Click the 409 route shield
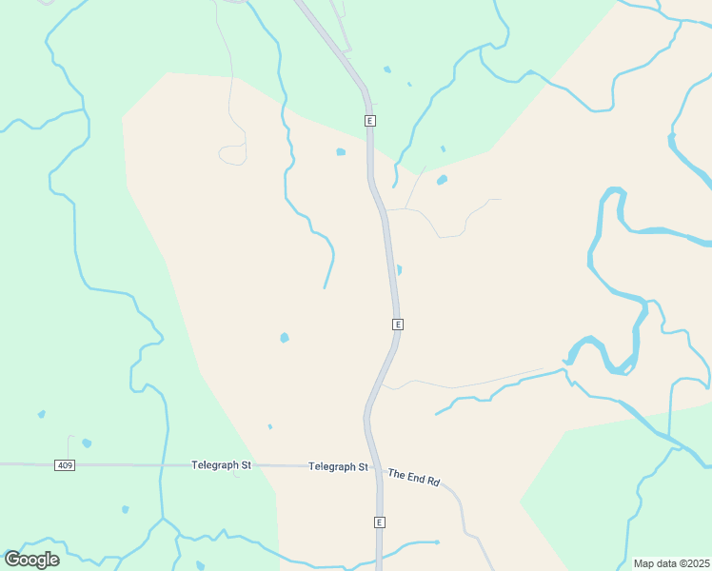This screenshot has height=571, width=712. click(65, 465)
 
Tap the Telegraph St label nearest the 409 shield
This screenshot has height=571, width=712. click(221, 465)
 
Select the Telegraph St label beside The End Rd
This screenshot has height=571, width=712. click(338, 467)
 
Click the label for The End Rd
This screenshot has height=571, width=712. click(413, 477)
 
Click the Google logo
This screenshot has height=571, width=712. click(31, 560)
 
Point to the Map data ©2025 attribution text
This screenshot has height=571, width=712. click(671, 563)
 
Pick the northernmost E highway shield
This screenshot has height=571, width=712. click(370, 121)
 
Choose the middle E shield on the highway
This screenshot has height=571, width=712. click(398, 325)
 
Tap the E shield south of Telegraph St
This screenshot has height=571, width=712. click(379, 522)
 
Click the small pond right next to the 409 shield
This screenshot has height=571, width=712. click(87, 443)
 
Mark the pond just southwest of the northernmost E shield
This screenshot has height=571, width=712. click(341, 151)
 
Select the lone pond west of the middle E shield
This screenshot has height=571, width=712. click(284, 338)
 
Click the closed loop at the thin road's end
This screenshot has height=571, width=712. click(231, 154)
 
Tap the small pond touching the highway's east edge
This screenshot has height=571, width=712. click(399, 270)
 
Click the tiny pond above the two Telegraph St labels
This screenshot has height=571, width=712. click(270, 426)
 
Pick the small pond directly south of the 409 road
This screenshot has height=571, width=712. click(125, 509)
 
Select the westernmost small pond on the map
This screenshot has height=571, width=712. click(41, 414)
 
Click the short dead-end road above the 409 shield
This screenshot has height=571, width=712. click(69, 447)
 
